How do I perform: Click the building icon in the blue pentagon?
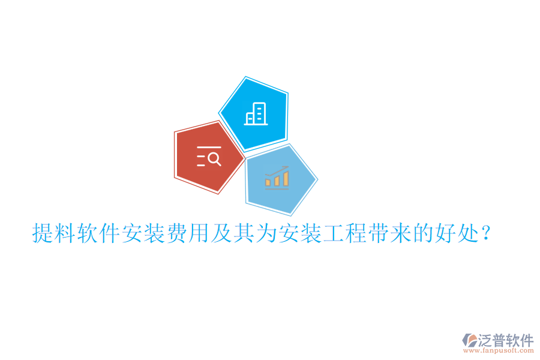point(256,113)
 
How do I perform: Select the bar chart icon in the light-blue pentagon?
point(277,178)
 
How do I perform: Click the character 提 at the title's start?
point(43,233)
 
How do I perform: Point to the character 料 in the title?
point(65,233)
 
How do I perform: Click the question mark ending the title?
point(487,233)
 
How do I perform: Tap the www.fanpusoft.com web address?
point(503,350)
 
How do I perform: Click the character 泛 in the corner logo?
point(485,340)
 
